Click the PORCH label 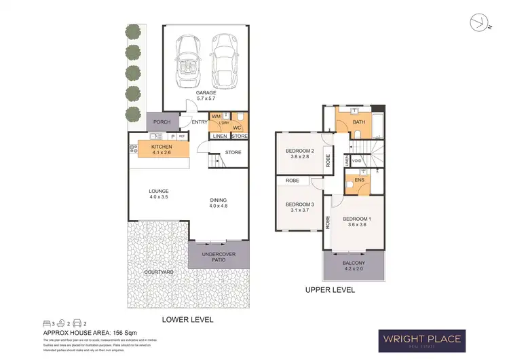tap(162, 122)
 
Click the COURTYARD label tap(159, 272)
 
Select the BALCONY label tap(354, 266)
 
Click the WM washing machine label tap(216, 117)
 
